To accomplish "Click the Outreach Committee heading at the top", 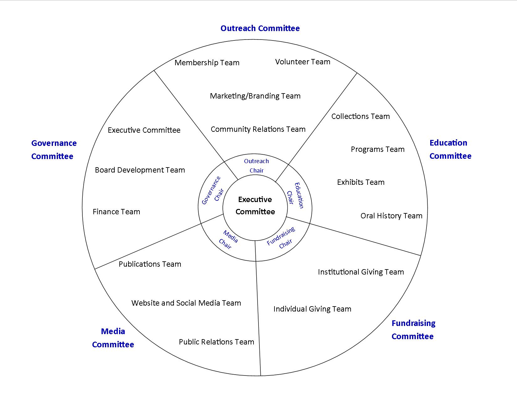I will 260,28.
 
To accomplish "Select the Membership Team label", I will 207,63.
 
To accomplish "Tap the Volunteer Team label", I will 303,62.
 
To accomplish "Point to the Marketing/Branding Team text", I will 255,96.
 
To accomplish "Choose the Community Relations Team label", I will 258,129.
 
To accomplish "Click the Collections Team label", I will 360,116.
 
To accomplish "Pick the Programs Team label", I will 378,149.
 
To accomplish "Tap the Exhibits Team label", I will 361,182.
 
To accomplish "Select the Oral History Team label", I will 391,216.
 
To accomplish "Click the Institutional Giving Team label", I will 361,272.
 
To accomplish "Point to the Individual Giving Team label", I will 312,309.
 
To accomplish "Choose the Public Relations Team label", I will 216,342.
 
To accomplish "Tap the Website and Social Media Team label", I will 186,303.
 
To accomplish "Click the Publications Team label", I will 150,264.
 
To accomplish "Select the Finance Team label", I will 116,212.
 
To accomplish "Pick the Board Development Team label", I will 140,170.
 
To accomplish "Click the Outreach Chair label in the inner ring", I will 256,166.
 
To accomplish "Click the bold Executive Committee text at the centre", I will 255,205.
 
